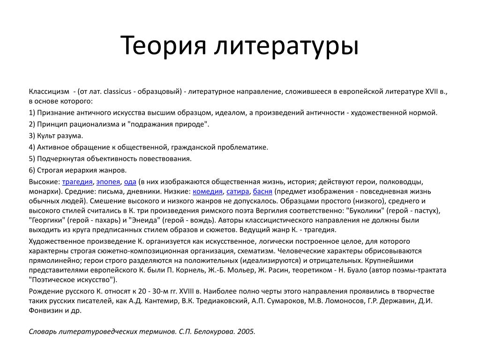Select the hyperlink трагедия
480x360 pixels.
point(77,182)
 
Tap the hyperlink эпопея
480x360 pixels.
point(108,182)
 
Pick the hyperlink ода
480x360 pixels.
point(130,182)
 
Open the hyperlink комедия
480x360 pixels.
point(208,191)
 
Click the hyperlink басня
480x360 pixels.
point(262,191)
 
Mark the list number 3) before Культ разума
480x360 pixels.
point(32,135)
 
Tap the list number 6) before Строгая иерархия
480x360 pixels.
point(32,170)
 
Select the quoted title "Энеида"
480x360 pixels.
point(145,219)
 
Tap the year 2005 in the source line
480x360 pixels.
point(246,331)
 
